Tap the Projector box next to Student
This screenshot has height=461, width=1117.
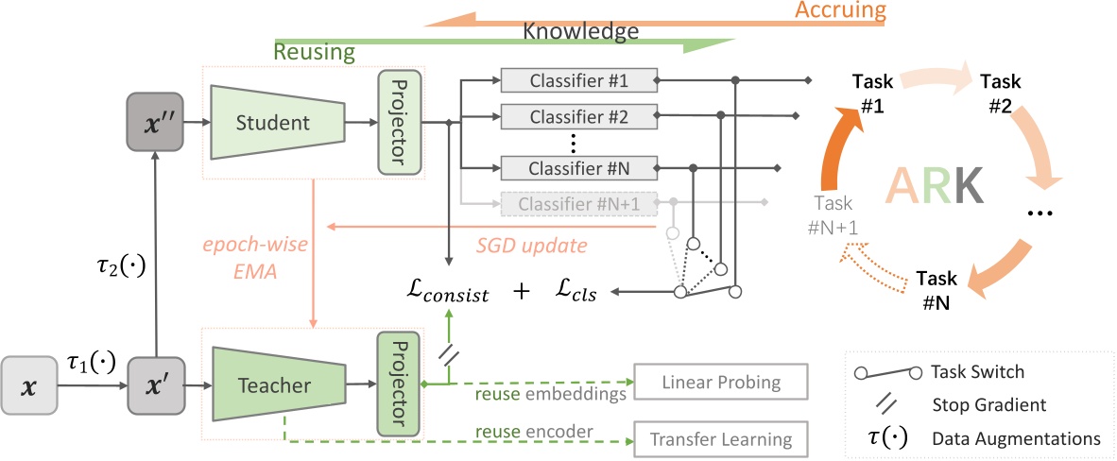click(x=396, y=122)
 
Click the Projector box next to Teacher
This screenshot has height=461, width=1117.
click(x=396, y=384)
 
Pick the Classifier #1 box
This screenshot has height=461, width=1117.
click(x=578, y=80)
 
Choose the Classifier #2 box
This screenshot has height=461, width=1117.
click(x=578, y=118)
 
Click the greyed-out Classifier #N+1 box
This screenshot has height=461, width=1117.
click(x=578, y=203)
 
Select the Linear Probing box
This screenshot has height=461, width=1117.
click(x=722, y=382)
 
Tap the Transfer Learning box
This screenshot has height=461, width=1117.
click(x=722, y=439)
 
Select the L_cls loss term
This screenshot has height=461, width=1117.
click(x=578, y=294)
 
